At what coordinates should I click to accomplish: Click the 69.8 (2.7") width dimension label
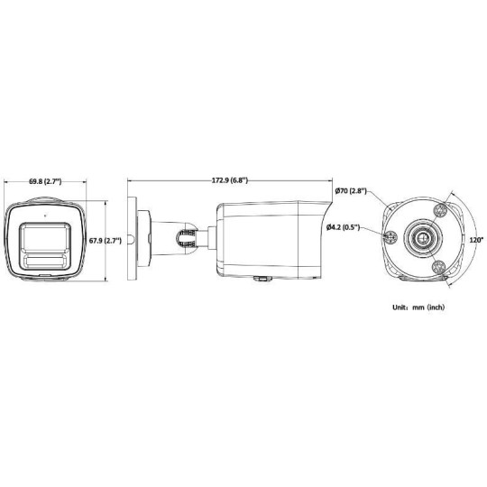44,182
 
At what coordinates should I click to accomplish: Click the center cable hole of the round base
420,237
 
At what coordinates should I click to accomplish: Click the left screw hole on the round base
392,237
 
